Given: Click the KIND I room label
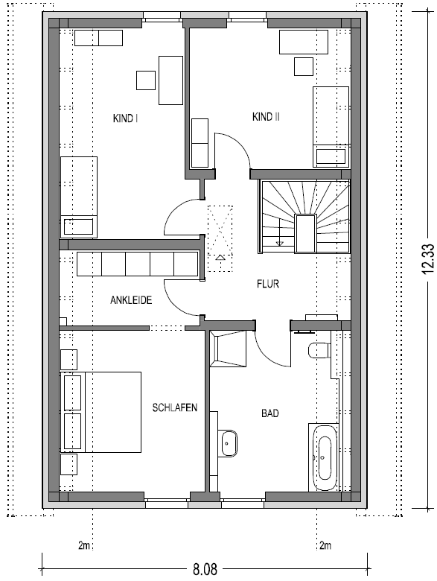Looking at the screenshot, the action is pyautogui.click(x=126, y=118).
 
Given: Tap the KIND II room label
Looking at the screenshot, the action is pyautogui.click(x=266, y=117).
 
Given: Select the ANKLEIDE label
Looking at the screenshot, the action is pyautogui.click(x=131, y=299).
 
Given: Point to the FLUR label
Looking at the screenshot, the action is pyautogui.click(x=268, y=284).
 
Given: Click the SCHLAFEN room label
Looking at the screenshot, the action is pyautogui.click(x=175, y=407).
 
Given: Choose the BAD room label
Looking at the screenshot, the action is pyautogui.click(x=270, y=413).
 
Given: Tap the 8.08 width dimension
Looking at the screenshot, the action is pyautogui.click(x=205, y=569).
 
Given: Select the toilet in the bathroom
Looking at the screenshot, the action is pyautogui.click(x=319, y=351).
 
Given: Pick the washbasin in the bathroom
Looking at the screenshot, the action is pyautogui.click(x=227, y=443).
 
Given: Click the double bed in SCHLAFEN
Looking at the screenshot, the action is pyautogui.click(x=101, y=412).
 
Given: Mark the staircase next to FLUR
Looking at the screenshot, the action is pyautogui.click(x=304, y=217).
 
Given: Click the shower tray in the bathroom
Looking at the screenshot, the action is pyautogui.click(x=228, y=349).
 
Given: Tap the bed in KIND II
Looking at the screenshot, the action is pyautogui.click(x=331, y=127).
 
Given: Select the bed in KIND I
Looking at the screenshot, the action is pyautogui.click(x=78, y=197).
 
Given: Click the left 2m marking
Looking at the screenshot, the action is pyautogui.click(x=84, y=545).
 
